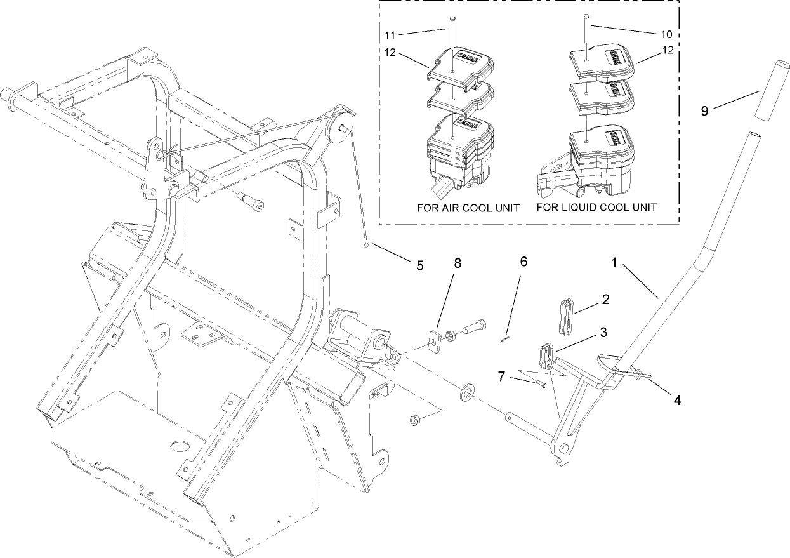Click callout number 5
tap(419, 265)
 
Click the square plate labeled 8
tap(434, 340)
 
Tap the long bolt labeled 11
tap(451, 35)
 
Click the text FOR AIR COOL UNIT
tap(468, 207)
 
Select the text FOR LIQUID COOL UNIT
tap(596, 207)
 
